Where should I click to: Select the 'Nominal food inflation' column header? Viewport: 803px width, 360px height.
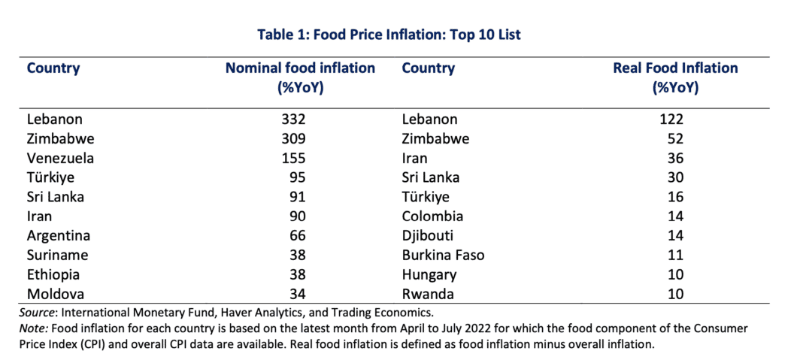coord(300,77)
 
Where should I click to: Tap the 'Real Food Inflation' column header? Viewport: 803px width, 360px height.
coord(675,77)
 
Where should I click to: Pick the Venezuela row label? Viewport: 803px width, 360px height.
coord(60,158)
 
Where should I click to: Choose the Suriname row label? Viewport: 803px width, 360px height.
coord(58,256)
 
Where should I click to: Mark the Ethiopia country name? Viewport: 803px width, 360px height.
coord(53,275)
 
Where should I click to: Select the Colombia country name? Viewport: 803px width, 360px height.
coord(433,216)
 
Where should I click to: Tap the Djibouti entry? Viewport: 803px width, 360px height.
coord(431,236)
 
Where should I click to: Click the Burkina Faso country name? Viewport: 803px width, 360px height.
coord(444,256)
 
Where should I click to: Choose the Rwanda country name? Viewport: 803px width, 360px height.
coord(429,295)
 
